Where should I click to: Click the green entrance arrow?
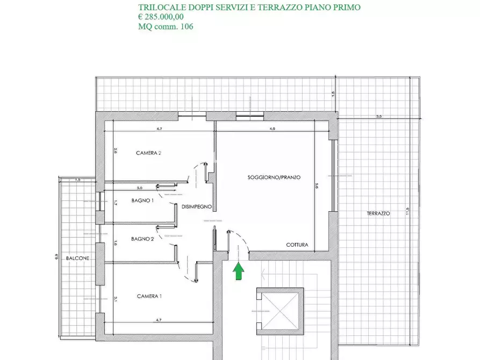pos(237,271)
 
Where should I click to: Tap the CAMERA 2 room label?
pos(149,153)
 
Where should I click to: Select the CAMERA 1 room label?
pos(149,296)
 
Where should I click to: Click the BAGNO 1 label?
pos(142,201)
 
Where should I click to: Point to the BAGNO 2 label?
pos(142,239)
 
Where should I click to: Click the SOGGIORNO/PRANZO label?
pos(274,177)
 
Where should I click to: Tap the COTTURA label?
pos(297,245)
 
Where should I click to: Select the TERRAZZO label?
pos(378,213)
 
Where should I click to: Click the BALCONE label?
pos(77,258)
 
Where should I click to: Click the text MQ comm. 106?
pos(166,26)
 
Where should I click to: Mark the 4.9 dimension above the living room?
pos(272,129)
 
